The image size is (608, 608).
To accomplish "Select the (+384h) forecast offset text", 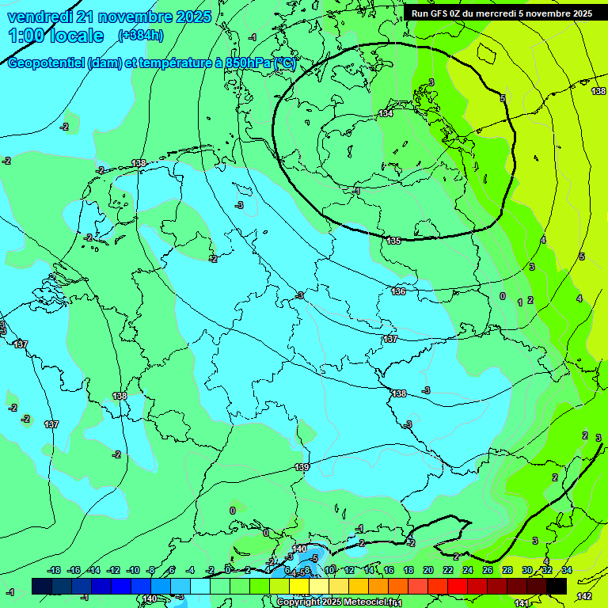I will tap(141, 35).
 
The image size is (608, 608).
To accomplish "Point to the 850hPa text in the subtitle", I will tap(246, 64).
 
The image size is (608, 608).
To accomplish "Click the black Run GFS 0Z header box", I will tap(502, 13).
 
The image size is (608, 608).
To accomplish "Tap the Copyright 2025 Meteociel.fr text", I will tap(336, 602).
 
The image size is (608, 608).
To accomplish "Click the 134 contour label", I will tap(386, 114).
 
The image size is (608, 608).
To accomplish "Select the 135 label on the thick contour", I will tap(393, 241).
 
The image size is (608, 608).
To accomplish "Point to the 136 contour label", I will tap(398, 291).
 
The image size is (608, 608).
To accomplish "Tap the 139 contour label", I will tap(302, 467).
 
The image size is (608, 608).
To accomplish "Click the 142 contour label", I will tap(584, 596).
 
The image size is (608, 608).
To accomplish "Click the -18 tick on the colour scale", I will tap(54, 570).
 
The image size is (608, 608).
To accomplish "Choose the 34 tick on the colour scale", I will tap(567, 570).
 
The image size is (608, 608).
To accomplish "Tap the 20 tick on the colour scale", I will tap(428, 570).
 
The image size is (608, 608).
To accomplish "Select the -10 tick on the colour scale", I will tap(133, 570).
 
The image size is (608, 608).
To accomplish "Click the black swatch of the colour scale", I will tap(557, 586).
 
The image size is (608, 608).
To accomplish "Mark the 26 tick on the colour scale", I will tap(488, 570).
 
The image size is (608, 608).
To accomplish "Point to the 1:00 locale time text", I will tap(55, 36).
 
